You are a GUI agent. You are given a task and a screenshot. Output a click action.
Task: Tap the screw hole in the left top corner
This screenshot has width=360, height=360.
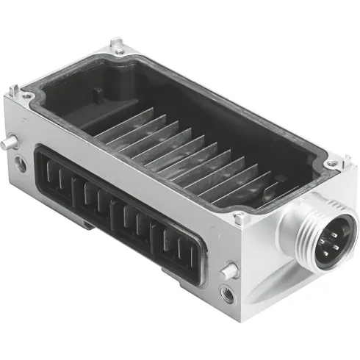[27, 95]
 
